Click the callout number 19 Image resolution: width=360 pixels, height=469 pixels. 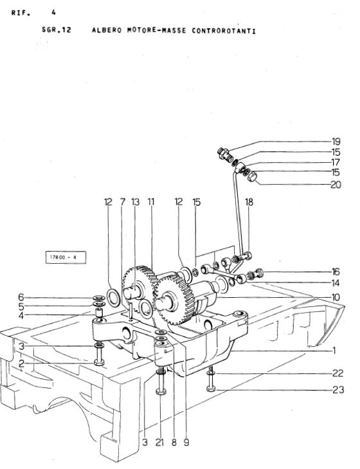[x=336, y=142]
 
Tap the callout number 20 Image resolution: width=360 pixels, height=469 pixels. [x=336, y=185]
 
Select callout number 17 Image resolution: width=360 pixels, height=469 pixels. [x=336, y=162]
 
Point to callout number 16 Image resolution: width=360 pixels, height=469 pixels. [x=336, y=271]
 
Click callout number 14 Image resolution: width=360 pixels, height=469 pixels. [x=336, y=283]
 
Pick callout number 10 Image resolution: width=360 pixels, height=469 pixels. [x=336, y=297]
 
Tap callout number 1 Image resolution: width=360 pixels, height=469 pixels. [x=334, y=350]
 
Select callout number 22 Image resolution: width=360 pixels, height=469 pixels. [x=338, y=373]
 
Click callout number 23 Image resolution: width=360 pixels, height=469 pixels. [x=338, y=390]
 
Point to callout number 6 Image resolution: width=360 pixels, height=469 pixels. [x=21, y=297]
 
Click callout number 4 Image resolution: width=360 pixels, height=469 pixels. [x=21, y=315]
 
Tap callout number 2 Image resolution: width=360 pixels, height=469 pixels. [x=21, y=364]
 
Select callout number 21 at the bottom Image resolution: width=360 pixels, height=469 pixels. [x=159, y=442]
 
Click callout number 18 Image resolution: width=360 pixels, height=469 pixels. [x=249, y=202]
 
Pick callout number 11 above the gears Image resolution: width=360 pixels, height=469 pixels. [x=151, y=202]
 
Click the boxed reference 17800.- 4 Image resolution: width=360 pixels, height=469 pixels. [x=66, y=257]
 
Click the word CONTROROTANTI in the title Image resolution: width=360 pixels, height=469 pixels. [x=224, y=31]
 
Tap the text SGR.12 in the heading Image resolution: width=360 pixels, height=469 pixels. [x=57, y=30]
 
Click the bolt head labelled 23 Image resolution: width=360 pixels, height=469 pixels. [x=211, y=389]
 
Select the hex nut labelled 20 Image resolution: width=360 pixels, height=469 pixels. [x=253, y=176]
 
